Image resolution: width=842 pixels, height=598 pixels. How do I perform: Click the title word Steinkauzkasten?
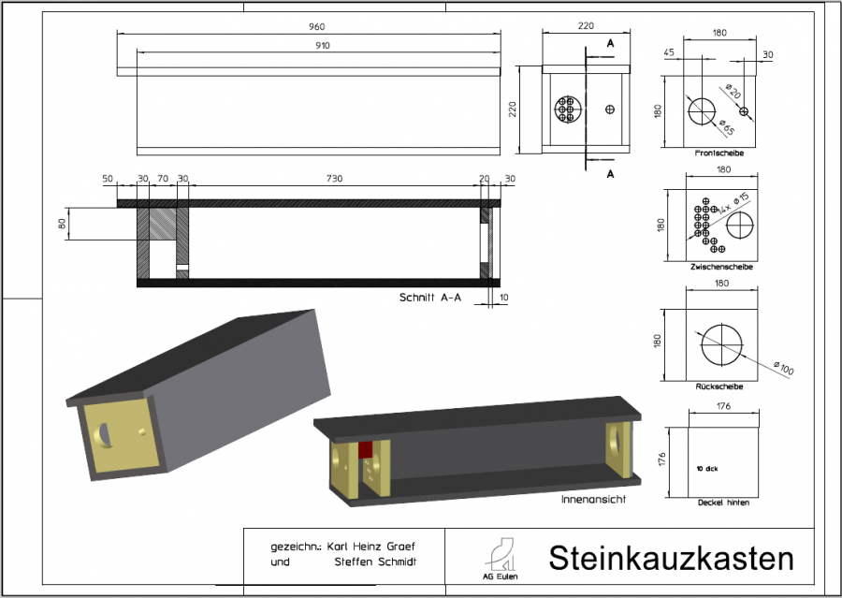point(671,559)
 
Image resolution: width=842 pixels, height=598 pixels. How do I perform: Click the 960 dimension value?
point(310,26)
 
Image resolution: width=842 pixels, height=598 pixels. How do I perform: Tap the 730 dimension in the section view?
point(334,178)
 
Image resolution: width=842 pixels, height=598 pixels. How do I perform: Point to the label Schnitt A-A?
point(430,298)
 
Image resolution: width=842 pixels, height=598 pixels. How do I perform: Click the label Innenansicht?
point(592,500)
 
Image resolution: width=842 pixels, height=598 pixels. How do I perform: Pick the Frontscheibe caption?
point(719,152)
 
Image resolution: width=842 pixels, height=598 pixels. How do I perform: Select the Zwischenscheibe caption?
point(720,267)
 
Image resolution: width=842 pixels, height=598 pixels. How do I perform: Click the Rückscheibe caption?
point(719,386)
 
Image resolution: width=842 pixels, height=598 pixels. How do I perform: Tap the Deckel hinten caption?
point(723,503)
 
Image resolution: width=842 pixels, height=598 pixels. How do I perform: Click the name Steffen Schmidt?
point(374,562)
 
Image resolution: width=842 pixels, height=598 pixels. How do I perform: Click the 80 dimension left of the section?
point(63,224)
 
